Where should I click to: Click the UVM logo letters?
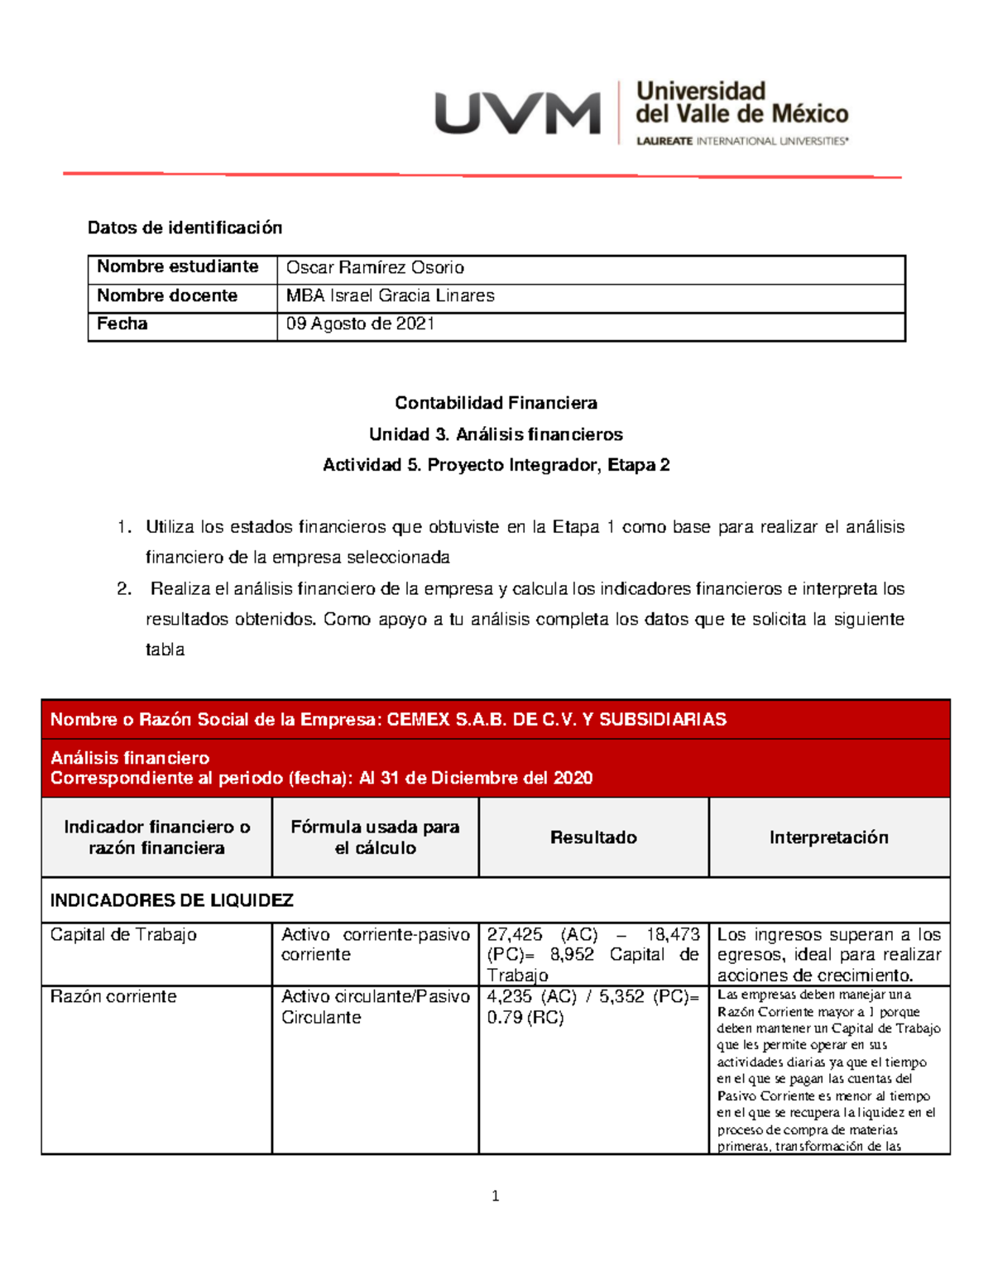pyautogui.click(x=517, y=113)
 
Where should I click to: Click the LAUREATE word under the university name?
pyautogui.click(x=664, y=141)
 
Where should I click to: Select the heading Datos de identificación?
pyautogui.click(x=185, y=228)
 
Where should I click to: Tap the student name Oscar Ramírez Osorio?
pyautogui.click(x=375, y=267)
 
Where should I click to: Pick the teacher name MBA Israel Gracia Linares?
pyautogui.click(x=390, y=295)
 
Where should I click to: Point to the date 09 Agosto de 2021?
pyautogui.click(x=360, y=324)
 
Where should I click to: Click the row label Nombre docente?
pyautogui.click(x=167, y=295)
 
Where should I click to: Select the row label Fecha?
pyautogui.click(x=122, y=324)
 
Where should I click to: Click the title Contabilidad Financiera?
pyautogui.click(x=496, y=403)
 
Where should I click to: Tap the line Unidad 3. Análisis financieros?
pyautogui.click(x=496, y=434)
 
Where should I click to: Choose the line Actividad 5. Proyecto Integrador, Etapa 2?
pyautogui.click(x=496, y=465)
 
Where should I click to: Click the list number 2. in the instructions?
pyautogui.click(x=124, y=589)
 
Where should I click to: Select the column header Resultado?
pyautogui.click(x=593, y=837)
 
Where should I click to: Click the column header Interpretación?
pyautogui.click(x=828, y=837)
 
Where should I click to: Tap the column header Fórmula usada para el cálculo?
pyautogui.click(x=375, y=837)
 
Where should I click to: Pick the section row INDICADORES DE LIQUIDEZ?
pyautogui.click(x=172, y=900)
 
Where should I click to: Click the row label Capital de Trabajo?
pyautogui.click(x=123, y=935)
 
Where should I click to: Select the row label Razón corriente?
pyautogui.click(x=113, y=997)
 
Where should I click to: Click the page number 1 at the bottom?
pyautogui.click(x=495, y=1196)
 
